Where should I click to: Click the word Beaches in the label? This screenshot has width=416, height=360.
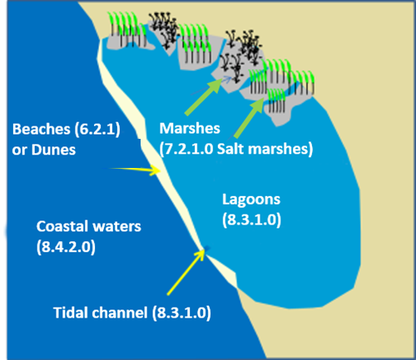(x=41, y=129)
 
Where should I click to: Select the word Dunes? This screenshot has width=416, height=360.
(x=53, y=150)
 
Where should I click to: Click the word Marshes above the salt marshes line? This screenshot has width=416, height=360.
(x=190, y=128)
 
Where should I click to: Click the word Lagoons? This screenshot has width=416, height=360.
(x=251, y=200)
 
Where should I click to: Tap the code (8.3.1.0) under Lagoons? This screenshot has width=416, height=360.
(x=251, y=220)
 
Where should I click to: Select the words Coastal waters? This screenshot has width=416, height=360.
(x=89, y=226)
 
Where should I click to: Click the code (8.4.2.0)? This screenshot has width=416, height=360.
(x=66, y=247)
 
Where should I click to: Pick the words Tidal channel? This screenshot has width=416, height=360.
(x=100, y=313)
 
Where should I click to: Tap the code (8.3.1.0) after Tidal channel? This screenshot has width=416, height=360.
(x=181, y=313)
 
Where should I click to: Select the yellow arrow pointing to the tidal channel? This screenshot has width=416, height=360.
(x=186, y=272)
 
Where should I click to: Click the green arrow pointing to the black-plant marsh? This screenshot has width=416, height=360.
(x=203, y=97)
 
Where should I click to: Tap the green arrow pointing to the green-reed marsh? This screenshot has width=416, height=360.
(x=249, y=119)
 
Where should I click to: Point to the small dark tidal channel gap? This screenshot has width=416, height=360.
(x=207, y=249)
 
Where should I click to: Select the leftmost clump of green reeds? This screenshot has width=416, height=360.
(x=127, y=29)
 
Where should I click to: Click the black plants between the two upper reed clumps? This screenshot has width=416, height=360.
(x=164, y=29)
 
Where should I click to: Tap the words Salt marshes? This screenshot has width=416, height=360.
(x=263, y=149)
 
